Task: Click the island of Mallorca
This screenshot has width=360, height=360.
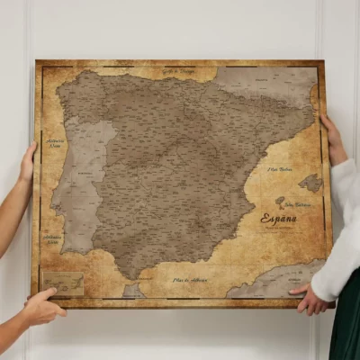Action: (x=280, y=201)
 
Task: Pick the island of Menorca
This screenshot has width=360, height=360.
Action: (x=310, y=183)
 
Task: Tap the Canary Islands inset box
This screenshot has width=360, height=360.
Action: (x=63, y=283)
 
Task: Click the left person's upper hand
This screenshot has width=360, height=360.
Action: (x=28, y=162)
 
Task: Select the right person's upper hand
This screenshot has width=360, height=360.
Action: (x=333, y=139)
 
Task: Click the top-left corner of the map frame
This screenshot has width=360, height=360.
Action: (x=37, y=62)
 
